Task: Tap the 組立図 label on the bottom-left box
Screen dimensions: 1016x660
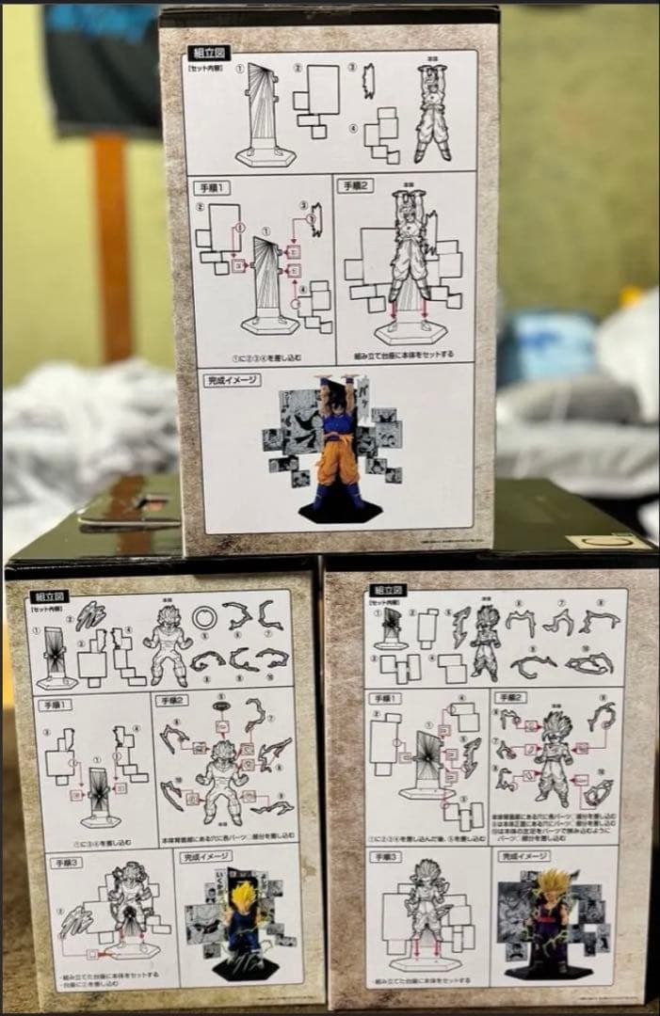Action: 48,596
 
